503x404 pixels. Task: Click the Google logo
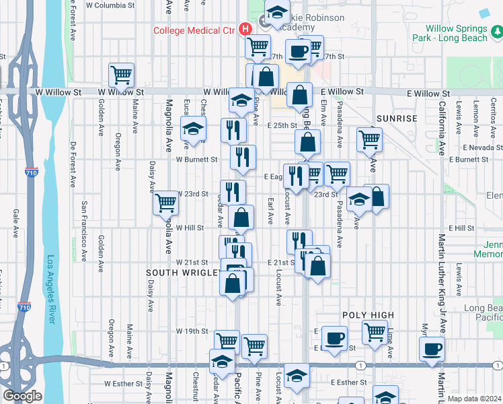(x=23, y=396)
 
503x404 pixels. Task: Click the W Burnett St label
(x=197, y=160)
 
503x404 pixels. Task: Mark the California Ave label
(x=442, y=129)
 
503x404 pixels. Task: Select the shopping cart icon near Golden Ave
(x=121, y=75)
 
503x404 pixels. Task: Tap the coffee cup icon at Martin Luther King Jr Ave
(x=432, y=349)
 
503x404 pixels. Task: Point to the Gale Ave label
(x=15, y=224)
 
